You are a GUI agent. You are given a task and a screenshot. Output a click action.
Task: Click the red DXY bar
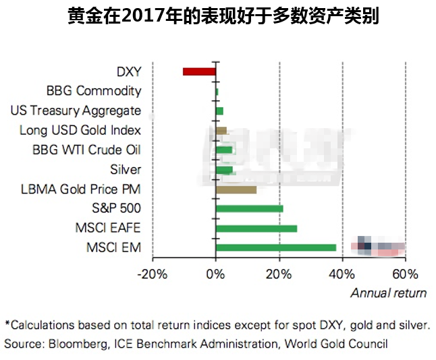(199, 71)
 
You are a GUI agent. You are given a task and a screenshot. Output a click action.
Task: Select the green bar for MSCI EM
(275, 247)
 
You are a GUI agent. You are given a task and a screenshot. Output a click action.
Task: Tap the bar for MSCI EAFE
(256, 229)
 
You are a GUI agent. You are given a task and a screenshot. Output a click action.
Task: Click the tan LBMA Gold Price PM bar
(236, 189)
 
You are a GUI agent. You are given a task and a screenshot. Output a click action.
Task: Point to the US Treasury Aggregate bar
(219, 111)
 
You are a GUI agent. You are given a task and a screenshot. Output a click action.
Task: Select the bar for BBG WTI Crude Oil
(223, 150)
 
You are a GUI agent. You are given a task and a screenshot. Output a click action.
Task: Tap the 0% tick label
(215, 274)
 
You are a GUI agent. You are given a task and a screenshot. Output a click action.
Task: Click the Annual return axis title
(388, 293)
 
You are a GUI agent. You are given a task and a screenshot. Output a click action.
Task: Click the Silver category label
(126, 169)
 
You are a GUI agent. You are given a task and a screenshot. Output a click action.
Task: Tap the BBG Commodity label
(94, 91)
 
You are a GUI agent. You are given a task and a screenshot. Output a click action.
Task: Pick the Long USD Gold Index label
(80, 130)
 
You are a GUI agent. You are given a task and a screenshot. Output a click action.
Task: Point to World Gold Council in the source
(335, 343)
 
